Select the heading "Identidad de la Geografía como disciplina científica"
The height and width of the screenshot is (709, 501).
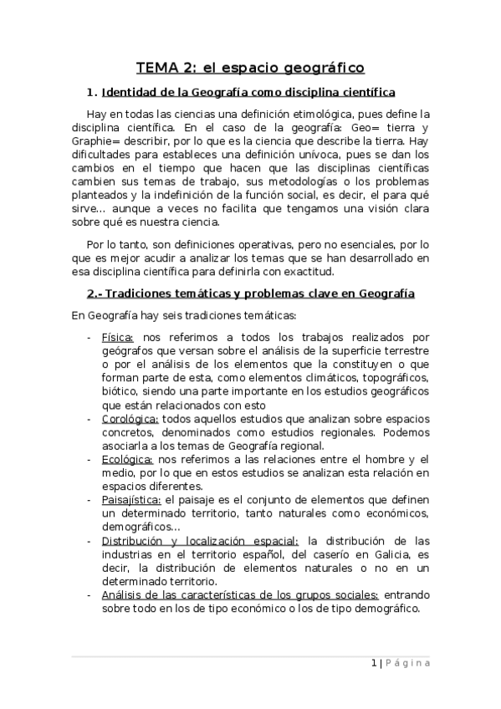(248, 92)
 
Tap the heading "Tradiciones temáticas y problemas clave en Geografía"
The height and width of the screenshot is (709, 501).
(250, 293)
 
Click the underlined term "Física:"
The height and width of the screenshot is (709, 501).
(117, 337)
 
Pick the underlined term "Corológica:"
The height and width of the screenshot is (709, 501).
(130, 419)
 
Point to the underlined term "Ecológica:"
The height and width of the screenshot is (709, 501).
(126, 459)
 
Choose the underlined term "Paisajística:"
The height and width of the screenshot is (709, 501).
(131, 499)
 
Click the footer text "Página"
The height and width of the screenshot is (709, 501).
(409, 663)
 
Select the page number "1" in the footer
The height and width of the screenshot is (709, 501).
(373, 663)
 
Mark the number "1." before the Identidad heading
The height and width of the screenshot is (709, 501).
(93, 92)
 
